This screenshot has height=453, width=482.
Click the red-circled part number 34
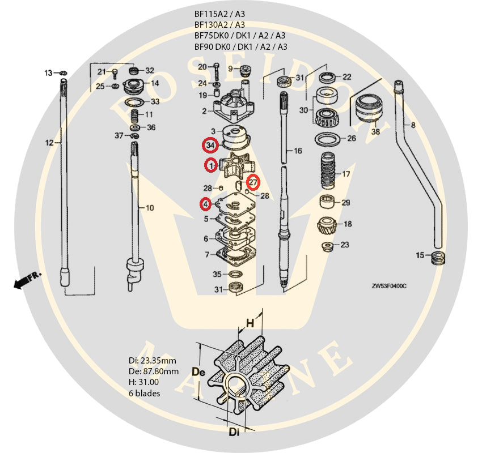pyautogui.click(x=210, y=146)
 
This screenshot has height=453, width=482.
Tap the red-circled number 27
pyautogui.click(x=253, y=182)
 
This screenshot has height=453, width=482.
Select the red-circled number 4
pyautogui.click(x=206, y=204)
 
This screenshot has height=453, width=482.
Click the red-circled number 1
pyautogui.click(x=211, y=166)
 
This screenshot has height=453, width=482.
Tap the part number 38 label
pyautogui.click(x=375, y=132)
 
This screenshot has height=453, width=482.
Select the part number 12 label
pyautogui.click(x=49, y=143)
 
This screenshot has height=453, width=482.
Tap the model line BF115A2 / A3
pyautogui.click(x=219, y=14)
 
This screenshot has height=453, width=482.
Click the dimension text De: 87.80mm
pyautogui.click(x=154, y=371)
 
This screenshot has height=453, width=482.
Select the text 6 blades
pyautogui.click(x=145, y=393)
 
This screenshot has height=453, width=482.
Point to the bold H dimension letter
pyautogui.click(x=250, y=324)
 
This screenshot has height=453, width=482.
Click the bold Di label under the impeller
pyautogui.click(x=234, y=433)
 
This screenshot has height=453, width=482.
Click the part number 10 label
pyautogui.click(x=150, y=208)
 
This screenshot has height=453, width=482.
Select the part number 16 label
pyautogui.click(x=298, y=151)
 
